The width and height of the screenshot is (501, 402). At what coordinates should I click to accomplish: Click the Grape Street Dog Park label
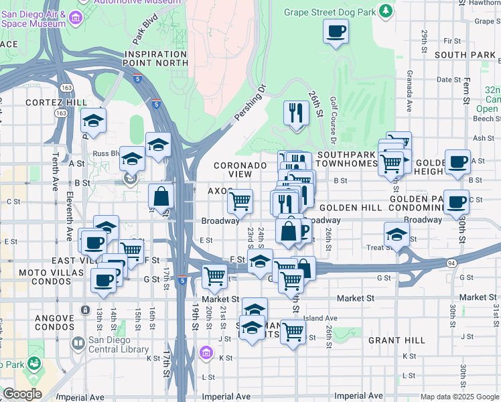click(x=330, y=11)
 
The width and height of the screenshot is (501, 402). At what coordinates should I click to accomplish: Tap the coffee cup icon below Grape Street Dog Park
click(x=336, y=31)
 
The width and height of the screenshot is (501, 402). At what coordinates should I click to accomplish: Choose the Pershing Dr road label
click(x=250, y=103)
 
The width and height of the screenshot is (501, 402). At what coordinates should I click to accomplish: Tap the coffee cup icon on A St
click(x=457, y=161)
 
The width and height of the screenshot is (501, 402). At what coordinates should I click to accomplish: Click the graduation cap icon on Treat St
click(x=397, y=234)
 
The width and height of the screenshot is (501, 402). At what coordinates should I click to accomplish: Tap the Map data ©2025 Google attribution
click(x=459, y=397)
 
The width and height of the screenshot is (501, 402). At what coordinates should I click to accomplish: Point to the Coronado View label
click(x=232, y=170)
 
